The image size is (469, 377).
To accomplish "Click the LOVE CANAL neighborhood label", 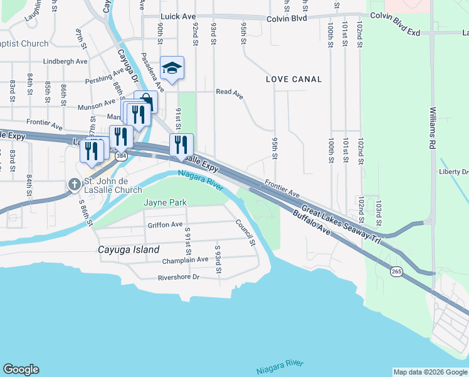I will [293, 79].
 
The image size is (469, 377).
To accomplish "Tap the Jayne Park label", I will [166, 202].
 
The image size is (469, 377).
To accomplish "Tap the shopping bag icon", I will [146, 101].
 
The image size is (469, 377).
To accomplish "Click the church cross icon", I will [74, 185].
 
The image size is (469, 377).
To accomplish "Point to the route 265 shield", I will [396, 271].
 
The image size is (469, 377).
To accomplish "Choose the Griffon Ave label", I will [165, 224].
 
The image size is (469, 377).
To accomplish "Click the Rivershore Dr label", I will [178, 276].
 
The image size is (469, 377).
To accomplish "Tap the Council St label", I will [245, 232].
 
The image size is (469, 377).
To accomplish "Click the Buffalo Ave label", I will [312, 224].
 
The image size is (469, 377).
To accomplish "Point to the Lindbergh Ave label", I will [66, 62].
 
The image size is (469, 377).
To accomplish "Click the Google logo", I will [21, 369].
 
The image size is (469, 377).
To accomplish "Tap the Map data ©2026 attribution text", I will [429, 372].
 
